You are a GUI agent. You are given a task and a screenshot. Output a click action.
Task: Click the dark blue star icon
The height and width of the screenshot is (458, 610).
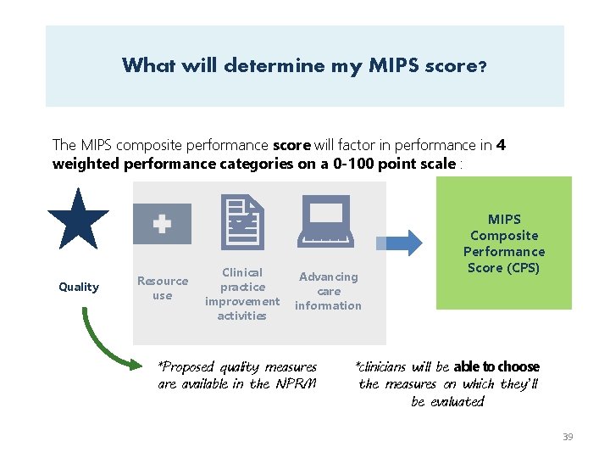point(78,220)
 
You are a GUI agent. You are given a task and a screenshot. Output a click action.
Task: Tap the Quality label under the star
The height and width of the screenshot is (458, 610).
point(79,287)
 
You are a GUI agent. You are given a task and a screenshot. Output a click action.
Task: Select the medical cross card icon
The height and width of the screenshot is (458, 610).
point(162,224)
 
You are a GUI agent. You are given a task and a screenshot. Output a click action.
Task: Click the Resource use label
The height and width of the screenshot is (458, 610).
point(163,288)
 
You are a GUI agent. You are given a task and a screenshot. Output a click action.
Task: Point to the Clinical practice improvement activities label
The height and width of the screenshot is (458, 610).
point(242,293)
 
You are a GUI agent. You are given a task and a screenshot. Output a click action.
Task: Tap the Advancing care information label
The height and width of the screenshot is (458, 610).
point(328,291)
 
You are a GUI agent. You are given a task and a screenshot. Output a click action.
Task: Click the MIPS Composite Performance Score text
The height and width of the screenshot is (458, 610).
point(504,243)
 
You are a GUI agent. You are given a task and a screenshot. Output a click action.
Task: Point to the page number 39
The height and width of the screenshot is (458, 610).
point(568,437)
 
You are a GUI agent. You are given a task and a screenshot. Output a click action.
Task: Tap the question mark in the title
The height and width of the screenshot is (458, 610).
point(482,66)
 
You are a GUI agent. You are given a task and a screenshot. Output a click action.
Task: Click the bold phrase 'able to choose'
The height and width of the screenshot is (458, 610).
point(496,366)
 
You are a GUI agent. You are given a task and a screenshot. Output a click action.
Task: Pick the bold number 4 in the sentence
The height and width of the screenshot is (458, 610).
point(502,145)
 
